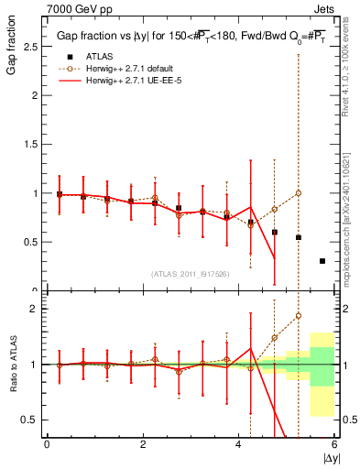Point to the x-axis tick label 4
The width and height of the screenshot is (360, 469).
click(239, 444)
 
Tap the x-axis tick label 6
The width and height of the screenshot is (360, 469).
click(334, 444)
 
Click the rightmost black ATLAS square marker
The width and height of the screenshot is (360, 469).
click(322, 261)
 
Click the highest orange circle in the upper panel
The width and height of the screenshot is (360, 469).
click(299, 193)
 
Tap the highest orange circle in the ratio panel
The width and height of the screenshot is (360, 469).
click(299, 316)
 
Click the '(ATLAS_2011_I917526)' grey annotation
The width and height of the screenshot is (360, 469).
click(190, 274)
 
